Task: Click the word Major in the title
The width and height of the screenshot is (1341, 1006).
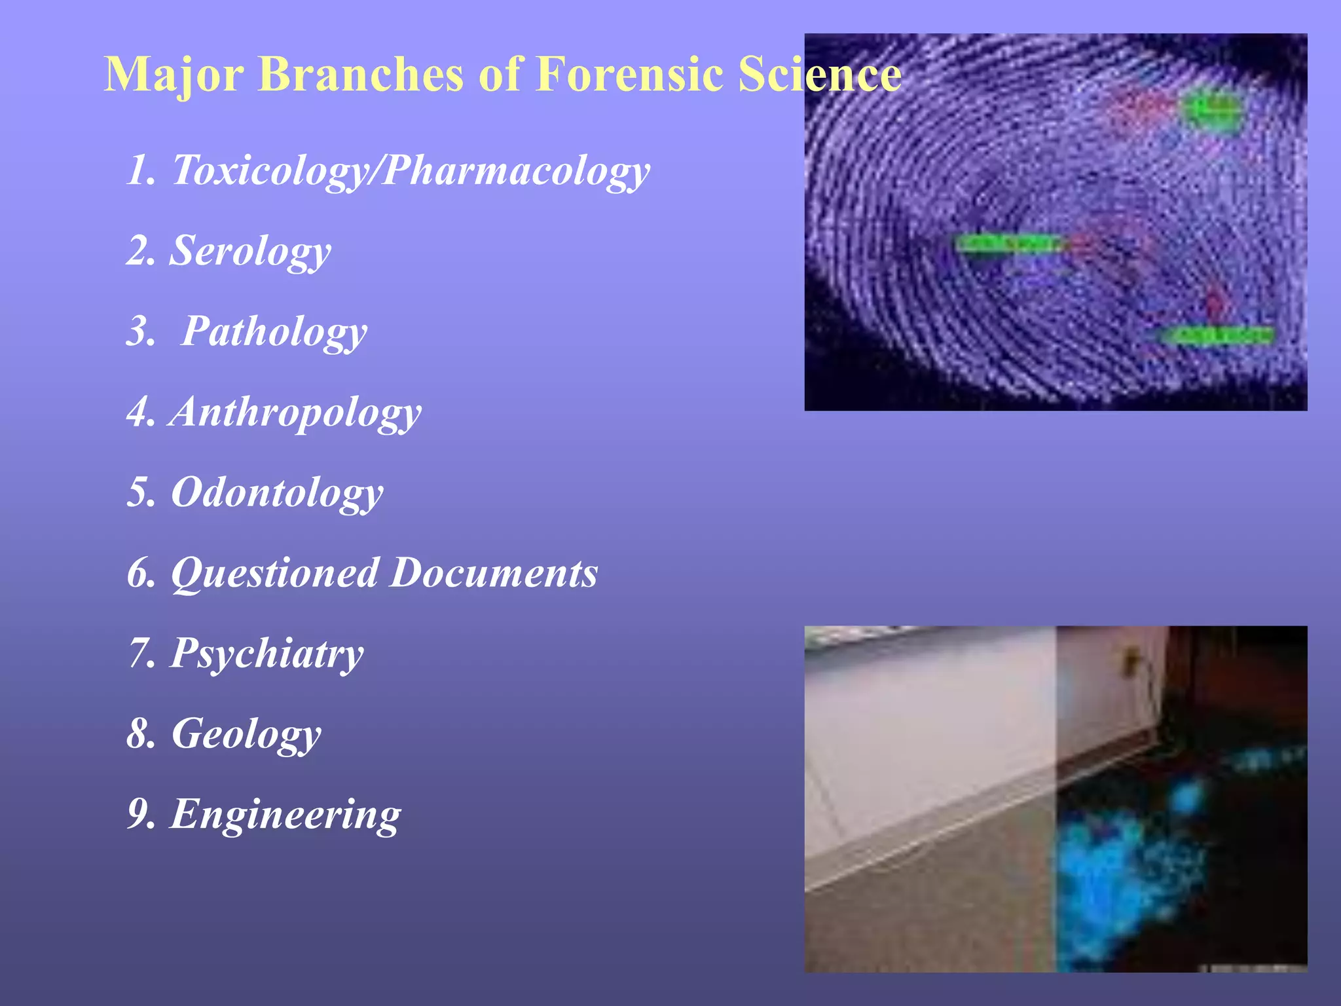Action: [x=174, y=75]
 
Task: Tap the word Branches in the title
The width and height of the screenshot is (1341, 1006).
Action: [x=361, y=73]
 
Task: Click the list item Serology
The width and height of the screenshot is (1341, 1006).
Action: [x=250, y=251]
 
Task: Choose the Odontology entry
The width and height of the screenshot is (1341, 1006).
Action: [x=277, y=493]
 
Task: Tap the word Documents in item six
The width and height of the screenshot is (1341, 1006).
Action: [x=494, y=573]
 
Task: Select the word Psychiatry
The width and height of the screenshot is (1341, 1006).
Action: [x=266, y=654]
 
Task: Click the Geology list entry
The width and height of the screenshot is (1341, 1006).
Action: [x=246, y=734]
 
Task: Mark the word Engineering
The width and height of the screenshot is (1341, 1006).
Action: [x=285, y=814]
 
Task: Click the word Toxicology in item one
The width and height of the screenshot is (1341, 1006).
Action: [x=268, y=170]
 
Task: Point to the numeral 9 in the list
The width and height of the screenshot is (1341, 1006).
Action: [x=139, y=814]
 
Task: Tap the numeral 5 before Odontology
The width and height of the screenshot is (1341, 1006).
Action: [x=139, y=493]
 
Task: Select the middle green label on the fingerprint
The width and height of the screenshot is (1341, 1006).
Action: [x=1009, y=244]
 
